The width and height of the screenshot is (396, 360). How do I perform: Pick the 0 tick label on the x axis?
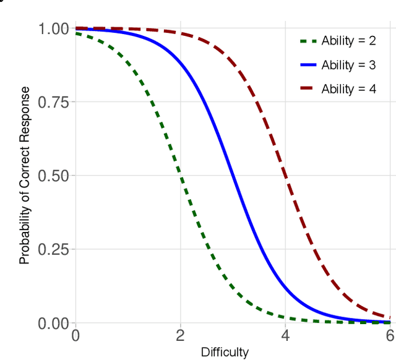[x=75, y=336]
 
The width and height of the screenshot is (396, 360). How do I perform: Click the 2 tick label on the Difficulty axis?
[x=180, y=336]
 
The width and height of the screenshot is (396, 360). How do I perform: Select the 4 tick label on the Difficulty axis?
[x=285, y=336]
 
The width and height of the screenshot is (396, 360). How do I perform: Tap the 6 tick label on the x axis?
[x=389, y=336]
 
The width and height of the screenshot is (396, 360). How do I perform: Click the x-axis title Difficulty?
[x=225, y=353]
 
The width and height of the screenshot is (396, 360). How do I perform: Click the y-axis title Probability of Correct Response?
[x=24, y=176]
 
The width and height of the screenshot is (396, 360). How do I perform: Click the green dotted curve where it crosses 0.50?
[x=180, y=176]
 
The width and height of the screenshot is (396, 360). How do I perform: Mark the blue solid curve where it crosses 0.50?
[x=233, y=176]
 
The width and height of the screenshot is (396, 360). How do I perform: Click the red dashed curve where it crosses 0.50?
[x=285, y=176]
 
